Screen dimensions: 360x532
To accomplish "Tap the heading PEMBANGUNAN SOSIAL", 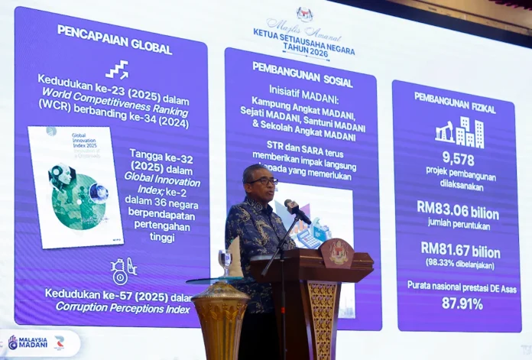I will click(302, 74).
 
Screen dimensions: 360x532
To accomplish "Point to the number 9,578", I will click(458, 159).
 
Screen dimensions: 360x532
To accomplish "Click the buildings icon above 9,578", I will click(459, 132).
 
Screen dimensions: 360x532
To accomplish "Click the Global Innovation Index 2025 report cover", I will click(74, 186).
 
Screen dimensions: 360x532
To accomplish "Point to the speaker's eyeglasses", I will click(263, 180).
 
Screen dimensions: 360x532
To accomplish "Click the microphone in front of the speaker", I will click(297, 210).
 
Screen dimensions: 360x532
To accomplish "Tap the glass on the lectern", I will click(224, 263).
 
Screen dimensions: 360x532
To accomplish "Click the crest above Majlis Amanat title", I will click(303, 13).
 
